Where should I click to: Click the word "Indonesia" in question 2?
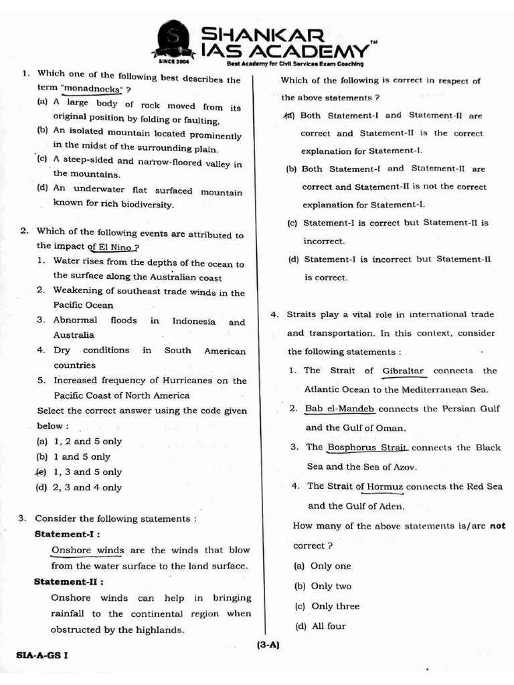click(x=194, y=321)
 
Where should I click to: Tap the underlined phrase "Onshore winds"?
click(x=88, y=551)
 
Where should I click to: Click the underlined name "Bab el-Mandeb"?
click(x=339, y=409)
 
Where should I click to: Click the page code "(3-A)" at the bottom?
click(x=267, y=645)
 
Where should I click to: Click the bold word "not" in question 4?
click(x=497, y=526)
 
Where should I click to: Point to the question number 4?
click(x=274, y=314)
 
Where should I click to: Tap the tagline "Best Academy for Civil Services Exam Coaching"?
click(x=295, y=64)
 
